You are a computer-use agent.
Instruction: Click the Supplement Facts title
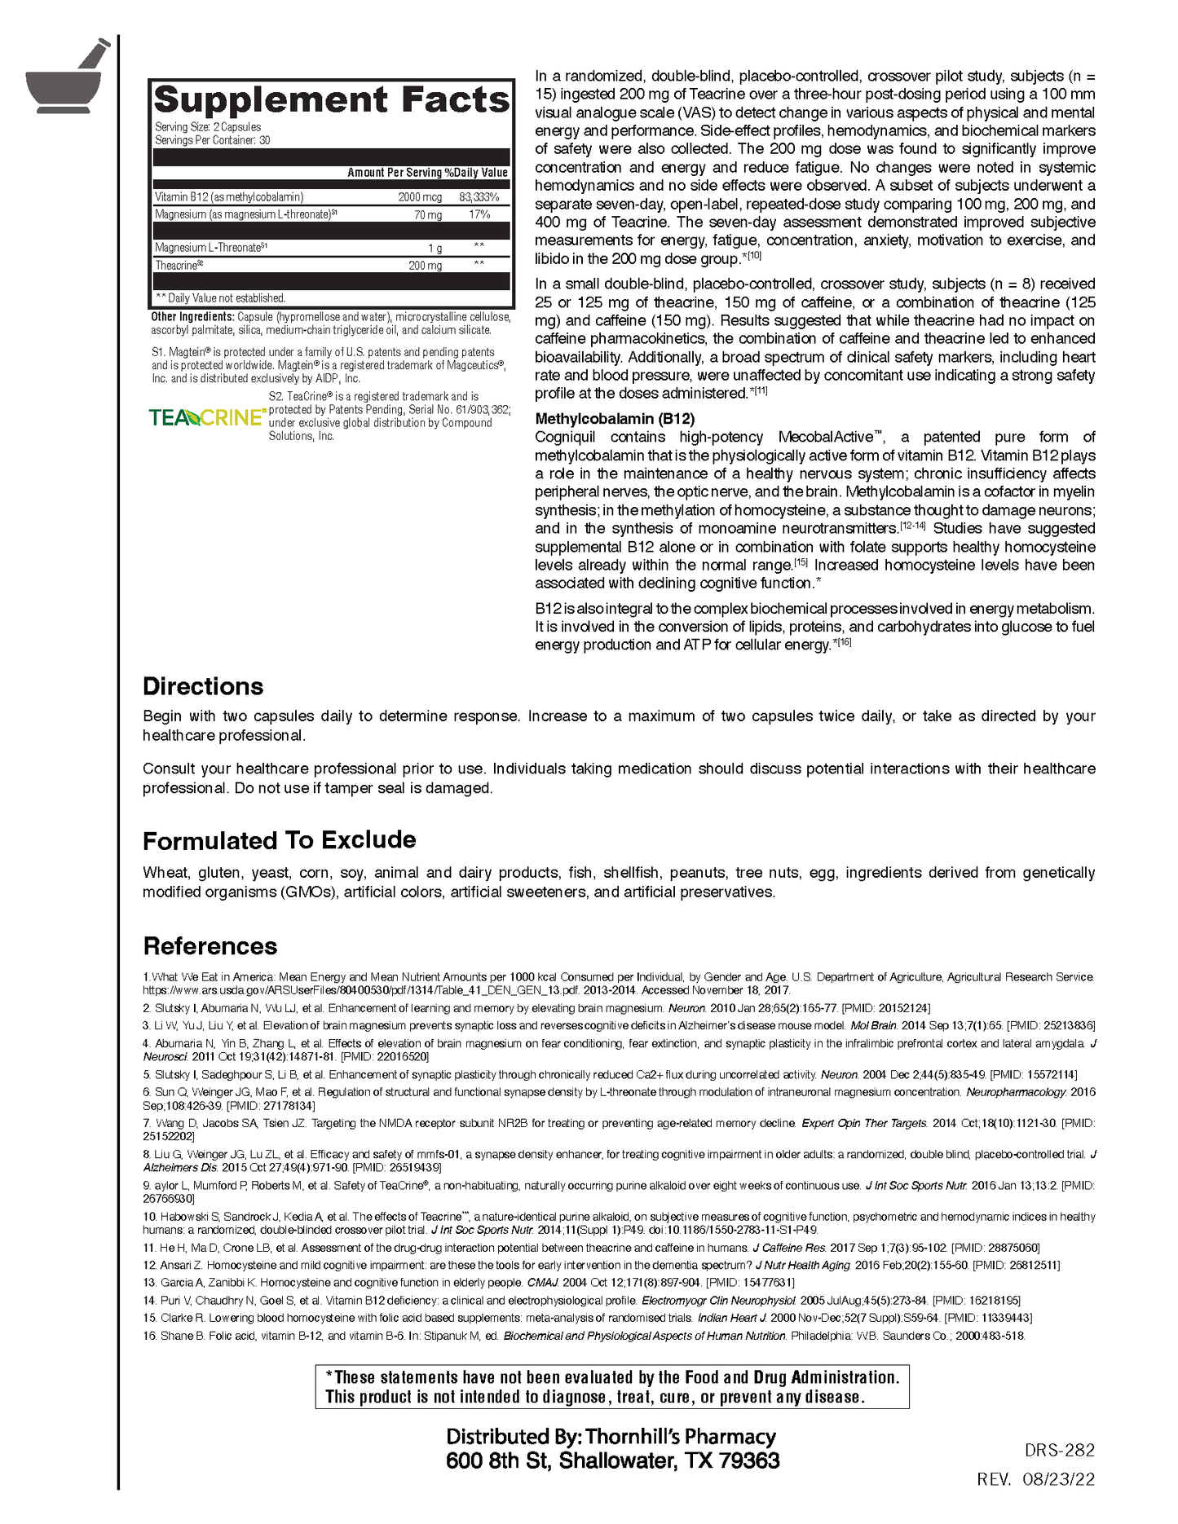pyautogui.click(x=331, y=100)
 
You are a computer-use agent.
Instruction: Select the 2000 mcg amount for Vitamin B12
pyautogui.click(x=420, y=197)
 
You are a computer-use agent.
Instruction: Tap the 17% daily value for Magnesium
pyautogui.click(x=479, y=214)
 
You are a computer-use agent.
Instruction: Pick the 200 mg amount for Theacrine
pyautogui.click(x=425, y=266)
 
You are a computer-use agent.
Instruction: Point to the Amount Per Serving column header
pyautogui.click(x=395, y=173)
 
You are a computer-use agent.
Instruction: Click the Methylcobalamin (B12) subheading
pyautogui.click(x=615, y=419)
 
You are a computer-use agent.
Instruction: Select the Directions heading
pyautogui.click(x=203, y=686)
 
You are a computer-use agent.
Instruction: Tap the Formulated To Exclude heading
pyautogui.click(x=279, y=840)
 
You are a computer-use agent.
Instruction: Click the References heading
pyautogui.click(x=210, y=946)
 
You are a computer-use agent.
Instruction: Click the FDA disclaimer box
pyautogui.click(x=611, y=1387)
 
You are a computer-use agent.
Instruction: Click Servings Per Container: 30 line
pyautogui.click(x=213, y=140)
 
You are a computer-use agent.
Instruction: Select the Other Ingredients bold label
pyautogui.click(x=193, y=317)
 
